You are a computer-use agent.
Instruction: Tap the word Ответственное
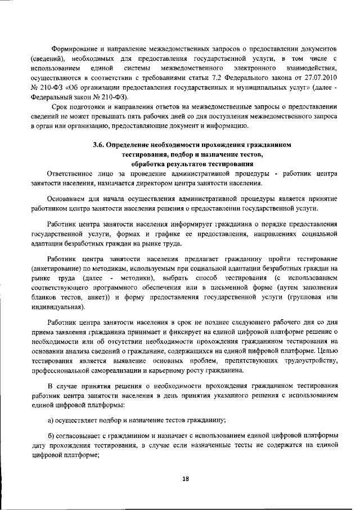click(74, 173)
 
